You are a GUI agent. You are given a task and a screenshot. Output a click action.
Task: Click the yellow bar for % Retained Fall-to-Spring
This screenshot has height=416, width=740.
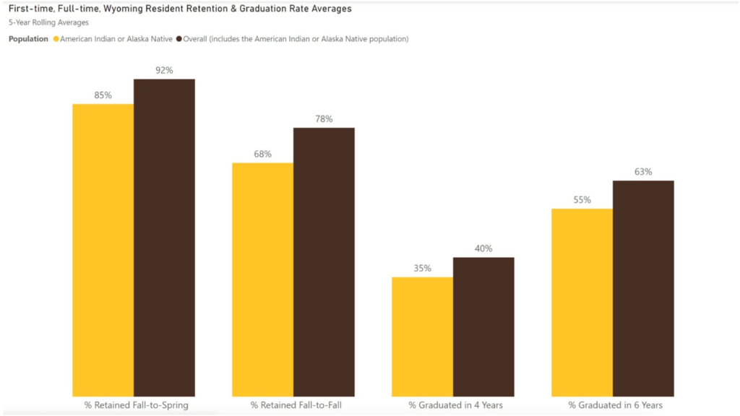click(x=103, y=250)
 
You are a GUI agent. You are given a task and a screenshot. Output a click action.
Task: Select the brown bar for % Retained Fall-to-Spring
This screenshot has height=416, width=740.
click(x=164, y=238)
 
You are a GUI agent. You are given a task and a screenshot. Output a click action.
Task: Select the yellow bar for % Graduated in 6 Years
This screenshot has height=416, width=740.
click(x=582, y=303)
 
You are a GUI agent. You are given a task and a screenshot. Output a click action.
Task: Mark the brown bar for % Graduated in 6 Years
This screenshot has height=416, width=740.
click(x=643, y=288)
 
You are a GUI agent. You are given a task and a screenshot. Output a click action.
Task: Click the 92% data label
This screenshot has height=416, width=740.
click(x=164, y=70)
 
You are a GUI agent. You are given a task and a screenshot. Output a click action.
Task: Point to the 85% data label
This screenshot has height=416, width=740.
click(x=103, y=95)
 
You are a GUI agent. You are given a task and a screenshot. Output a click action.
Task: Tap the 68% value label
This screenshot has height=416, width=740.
click(x=262, y=154)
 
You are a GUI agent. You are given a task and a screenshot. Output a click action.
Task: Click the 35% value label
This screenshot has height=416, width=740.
click(x=422, y=268)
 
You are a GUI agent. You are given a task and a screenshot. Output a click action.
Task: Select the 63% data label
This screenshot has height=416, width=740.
click(x=643, y=172)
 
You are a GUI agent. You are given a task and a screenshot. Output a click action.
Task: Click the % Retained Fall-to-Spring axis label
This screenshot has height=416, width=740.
click(x=136, y=405)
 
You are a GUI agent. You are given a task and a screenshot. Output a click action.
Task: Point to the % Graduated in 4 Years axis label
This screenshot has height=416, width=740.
click(x=455, y=405)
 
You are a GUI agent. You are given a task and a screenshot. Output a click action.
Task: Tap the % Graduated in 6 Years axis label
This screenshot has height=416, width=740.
click(x=615, y=405)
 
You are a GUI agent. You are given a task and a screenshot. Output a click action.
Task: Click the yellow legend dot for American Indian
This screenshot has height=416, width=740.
click(x=56, y=39)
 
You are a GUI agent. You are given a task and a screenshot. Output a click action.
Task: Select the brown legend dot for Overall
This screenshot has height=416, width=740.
click(x=178, y=39)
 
